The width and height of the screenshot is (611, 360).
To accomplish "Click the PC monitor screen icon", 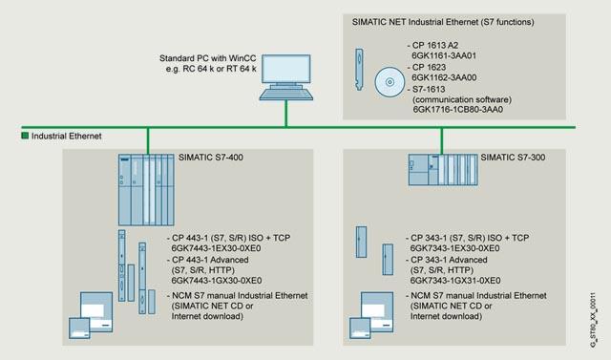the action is click(286, 70).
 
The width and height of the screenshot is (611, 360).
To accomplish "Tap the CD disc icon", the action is click(390, 82).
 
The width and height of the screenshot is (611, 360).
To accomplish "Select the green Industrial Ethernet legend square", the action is click(25, 136).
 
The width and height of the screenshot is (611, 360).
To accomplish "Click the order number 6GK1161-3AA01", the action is click(444, 55).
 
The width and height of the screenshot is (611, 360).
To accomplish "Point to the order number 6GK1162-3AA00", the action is click(444, 77).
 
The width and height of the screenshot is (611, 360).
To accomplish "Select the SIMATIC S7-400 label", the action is click(211, 158).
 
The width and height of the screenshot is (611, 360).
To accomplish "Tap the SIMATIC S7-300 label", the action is click(513, 158).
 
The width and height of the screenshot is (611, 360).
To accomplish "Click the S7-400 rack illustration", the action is click(146, 190).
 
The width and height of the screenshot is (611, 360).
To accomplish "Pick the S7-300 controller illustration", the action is click(443, 169).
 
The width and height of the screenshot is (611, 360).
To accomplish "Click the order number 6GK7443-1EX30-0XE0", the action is click(217, 248).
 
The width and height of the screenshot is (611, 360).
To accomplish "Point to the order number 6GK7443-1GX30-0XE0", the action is click(217, 281).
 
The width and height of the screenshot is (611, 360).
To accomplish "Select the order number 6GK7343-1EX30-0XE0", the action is click(454, 248).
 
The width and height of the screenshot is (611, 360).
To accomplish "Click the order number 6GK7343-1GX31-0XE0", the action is click(455, 281).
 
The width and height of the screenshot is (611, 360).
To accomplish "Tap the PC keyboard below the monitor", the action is click(286, 94).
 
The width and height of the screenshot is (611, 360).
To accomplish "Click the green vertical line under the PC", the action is click(286, 114).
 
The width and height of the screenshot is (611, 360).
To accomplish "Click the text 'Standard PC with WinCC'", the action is click(208, 58).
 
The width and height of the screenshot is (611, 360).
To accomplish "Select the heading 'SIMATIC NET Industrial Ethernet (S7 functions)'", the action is click(443, 22).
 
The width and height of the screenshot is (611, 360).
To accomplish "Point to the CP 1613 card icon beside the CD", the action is click(359, 70).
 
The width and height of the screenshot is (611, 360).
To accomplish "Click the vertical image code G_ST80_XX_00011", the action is click(593, 320).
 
